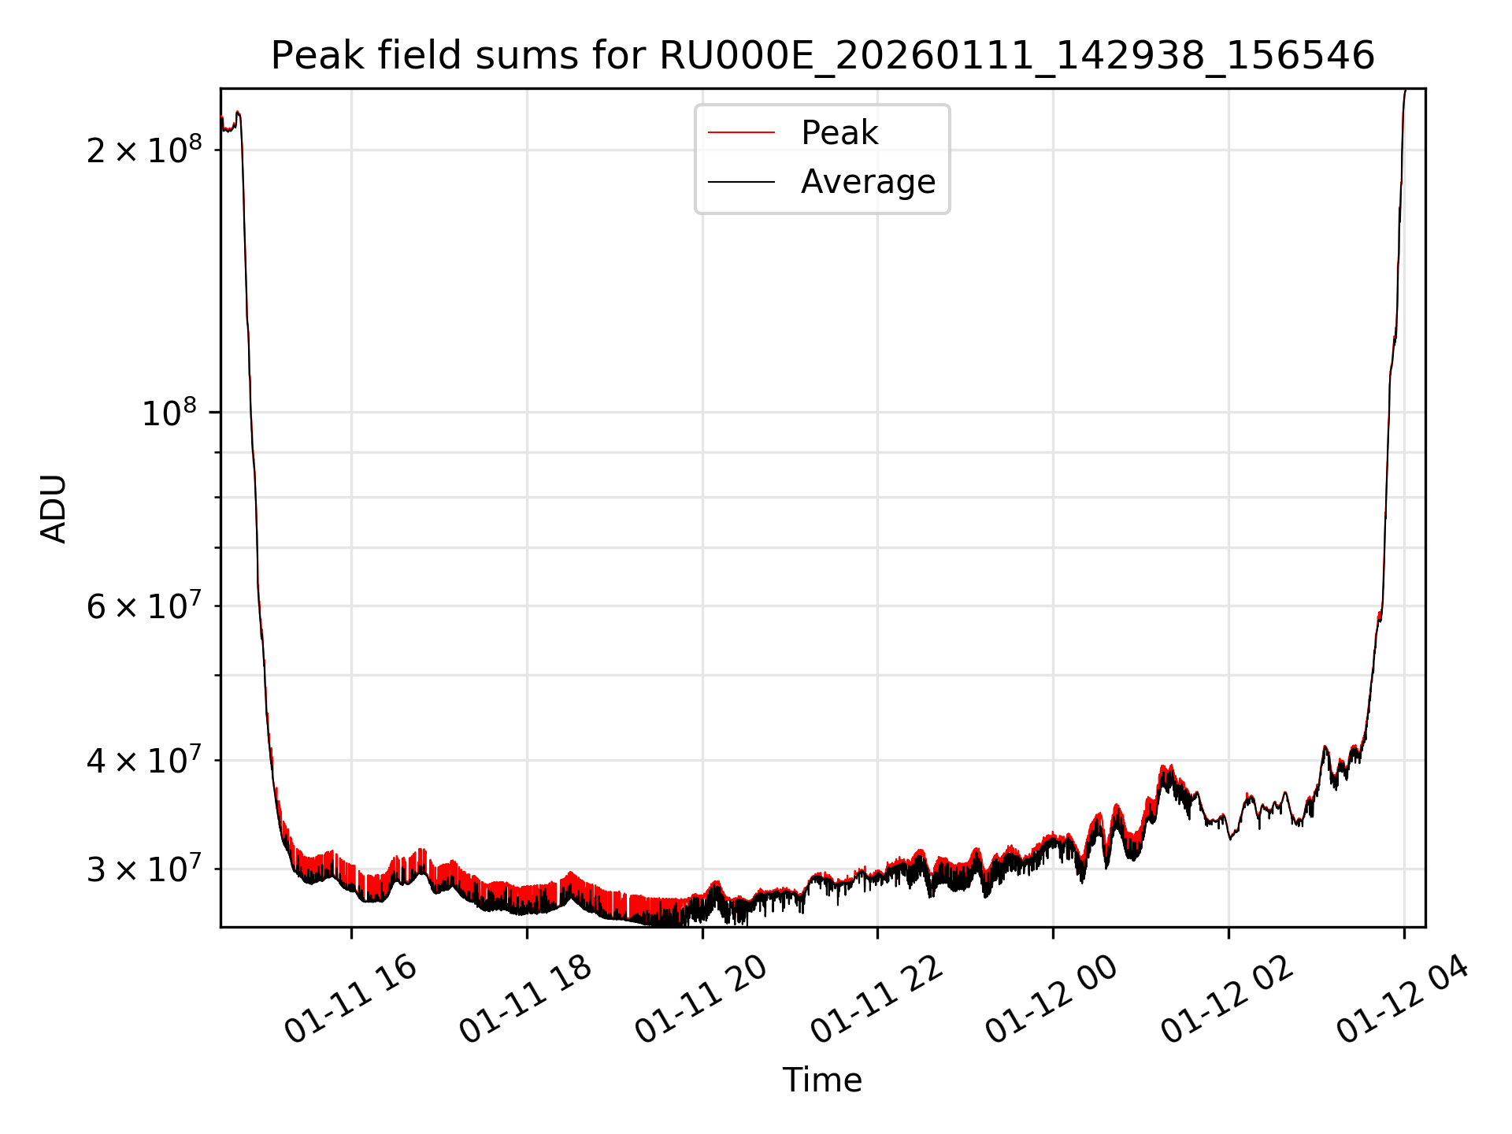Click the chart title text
(x=822, y=56)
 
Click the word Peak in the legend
(x=839, y=132)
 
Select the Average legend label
(x=868, y=182)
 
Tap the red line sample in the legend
(x=741, y=132)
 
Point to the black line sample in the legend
(x=741, y=182)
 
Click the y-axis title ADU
(x=54, y=508)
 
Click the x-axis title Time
(x=822, y=1080)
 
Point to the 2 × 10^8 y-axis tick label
(x=143, y=150)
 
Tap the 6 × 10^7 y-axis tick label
(x=143, y=606)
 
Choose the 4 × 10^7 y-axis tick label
(x=143, y=761)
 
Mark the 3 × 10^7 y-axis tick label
(x=143, y=869)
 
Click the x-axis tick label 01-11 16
(x=350, y=999)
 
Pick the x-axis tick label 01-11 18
(x=525, y=999)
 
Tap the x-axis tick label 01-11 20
(x=701, y=999)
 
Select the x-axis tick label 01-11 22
(x=876, y=999)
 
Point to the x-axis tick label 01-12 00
(x=1052, y=999)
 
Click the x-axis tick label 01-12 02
(x=1228, y=999)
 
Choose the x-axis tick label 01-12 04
(x=1403, y=999)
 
